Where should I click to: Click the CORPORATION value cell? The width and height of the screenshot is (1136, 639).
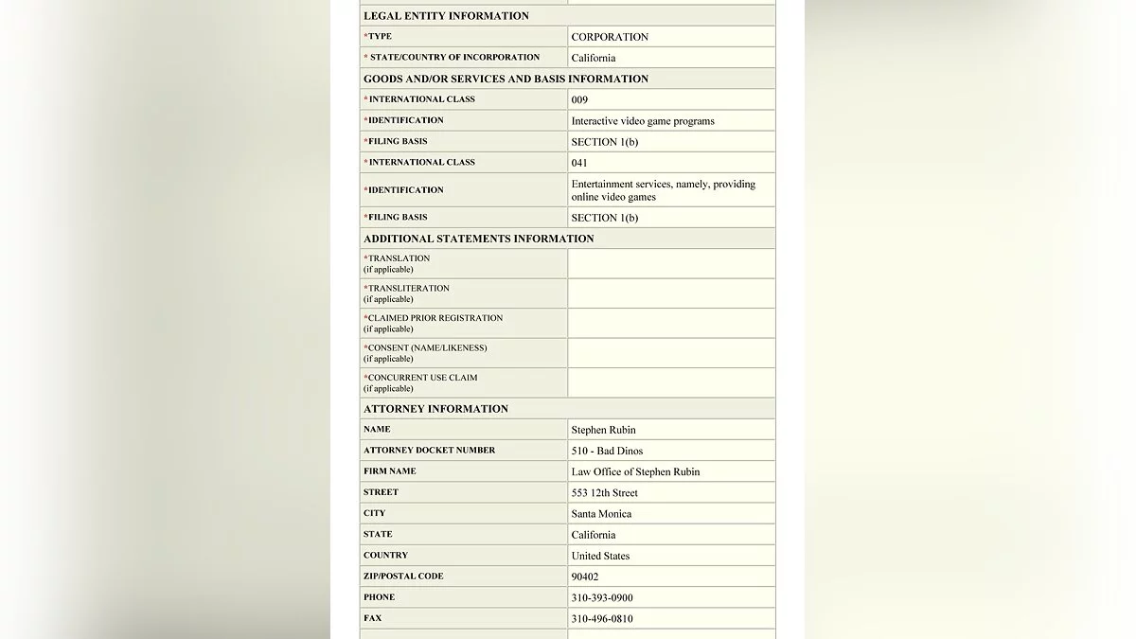tap(610, 37)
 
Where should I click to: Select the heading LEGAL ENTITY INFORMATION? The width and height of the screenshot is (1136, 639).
tap(446, 16)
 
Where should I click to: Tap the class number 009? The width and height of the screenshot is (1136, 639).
tap(579, 99)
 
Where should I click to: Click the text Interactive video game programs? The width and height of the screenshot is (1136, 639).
tap(643, 121)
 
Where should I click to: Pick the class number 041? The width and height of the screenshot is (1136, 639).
tap(579, 163)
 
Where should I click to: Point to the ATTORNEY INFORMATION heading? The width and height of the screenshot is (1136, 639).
tap(435, 409)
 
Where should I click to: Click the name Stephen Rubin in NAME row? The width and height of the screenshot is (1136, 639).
tap(603, 430)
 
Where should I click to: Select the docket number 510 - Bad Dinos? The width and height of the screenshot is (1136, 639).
tap(607, 451)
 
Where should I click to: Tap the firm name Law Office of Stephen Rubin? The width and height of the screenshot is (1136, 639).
tap(635, 471)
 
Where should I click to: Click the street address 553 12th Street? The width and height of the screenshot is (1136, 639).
tap(604, 493)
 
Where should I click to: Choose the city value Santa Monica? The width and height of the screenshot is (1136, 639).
tap(601, 514)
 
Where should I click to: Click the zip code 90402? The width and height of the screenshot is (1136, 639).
tap(585, 577)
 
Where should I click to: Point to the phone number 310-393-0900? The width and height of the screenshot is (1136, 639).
tap(602, 598)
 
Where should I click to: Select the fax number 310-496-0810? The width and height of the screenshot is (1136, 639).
tap(602, 619)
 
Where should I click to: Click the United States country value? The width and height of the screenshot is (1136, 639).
tap(600, 556)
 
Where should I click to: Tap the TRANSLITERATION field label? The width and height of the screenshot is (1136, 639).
tap(408, 289)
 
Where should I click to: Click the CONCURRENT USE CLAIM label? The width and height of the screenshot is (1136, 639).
tap(422, 378)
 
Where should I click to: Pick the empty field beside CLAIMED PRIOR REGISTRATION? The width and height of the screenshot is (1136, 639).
tap(671, 324)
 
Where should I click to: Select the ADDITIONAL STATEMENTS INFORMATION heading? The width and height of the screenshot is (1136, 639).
tap(478, 239)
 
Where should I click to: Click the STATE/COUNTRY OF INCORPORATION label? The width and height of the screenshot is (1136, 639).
tap(453, 58)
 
